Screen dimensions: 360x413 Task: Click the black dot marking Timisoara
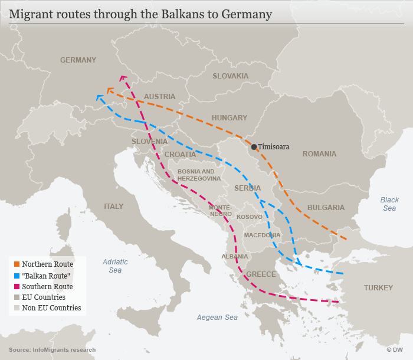tap(254, 146)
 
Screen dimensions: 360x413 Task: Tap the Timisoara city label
tap(274, 147)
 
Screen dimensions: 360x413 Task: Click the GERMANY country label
tap(78, 60)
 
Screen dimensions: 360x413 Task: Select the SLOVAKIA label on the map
tap(231, 76)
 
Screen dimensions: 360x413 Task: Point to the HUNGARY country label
tap(230, 118)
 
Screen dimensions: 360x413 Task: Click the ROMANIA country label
tap(319, 154)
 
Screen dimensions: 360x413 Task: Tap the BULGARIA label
tap(326, 208)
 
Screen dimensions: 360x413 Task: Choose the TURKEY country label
tap(378, 288)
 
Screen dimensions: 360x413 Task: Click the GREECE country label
tap(261, 274)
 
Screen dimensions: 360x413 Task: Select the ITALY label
tap(114, 207)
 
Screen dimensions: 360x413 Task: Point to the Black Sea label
tap(389, 204)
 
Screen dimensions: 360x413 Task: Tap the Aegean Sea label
tap(217, 318)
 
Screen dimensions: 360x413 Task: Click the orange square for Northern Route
tap(17, 264)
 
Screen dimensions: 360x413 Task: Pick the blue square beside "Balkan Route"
tap(17, 275)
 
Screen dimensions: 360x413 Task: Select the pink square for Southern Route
tap(17, 286)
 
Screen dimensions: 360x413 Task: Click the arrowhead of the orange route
tap(109, 90)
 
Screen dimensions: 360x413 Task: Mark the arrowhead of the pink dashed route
tap(123, 77)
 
